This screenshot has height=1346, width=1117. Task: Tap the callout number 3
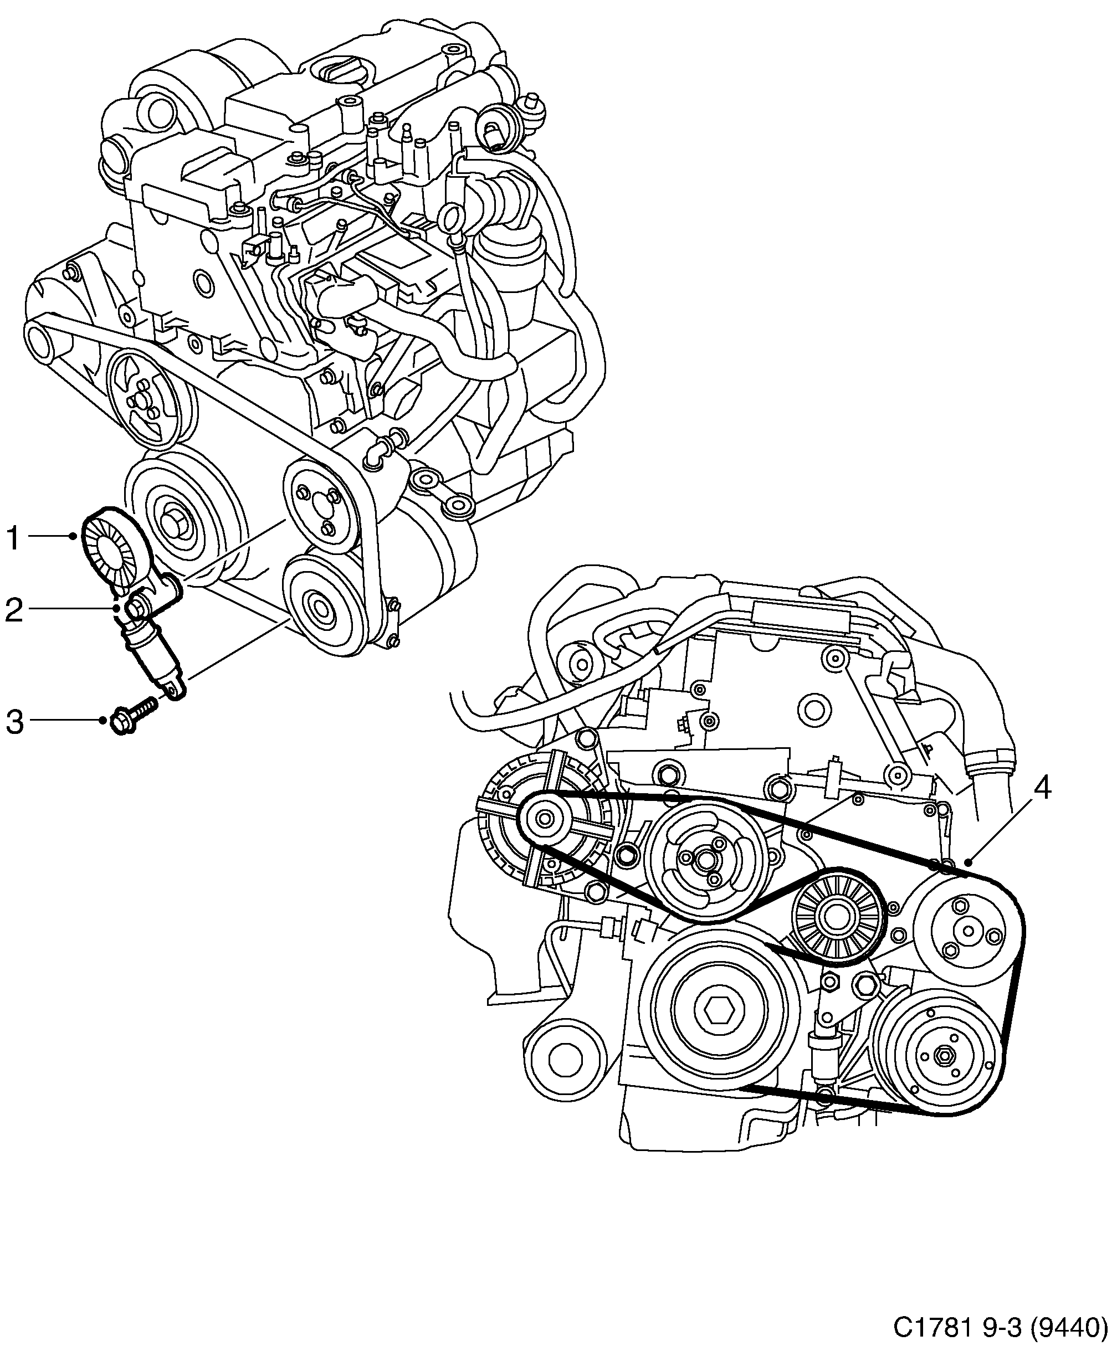(14, 721)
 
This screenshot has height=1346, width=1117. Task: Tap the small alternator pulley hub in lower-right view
(545, 819)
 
